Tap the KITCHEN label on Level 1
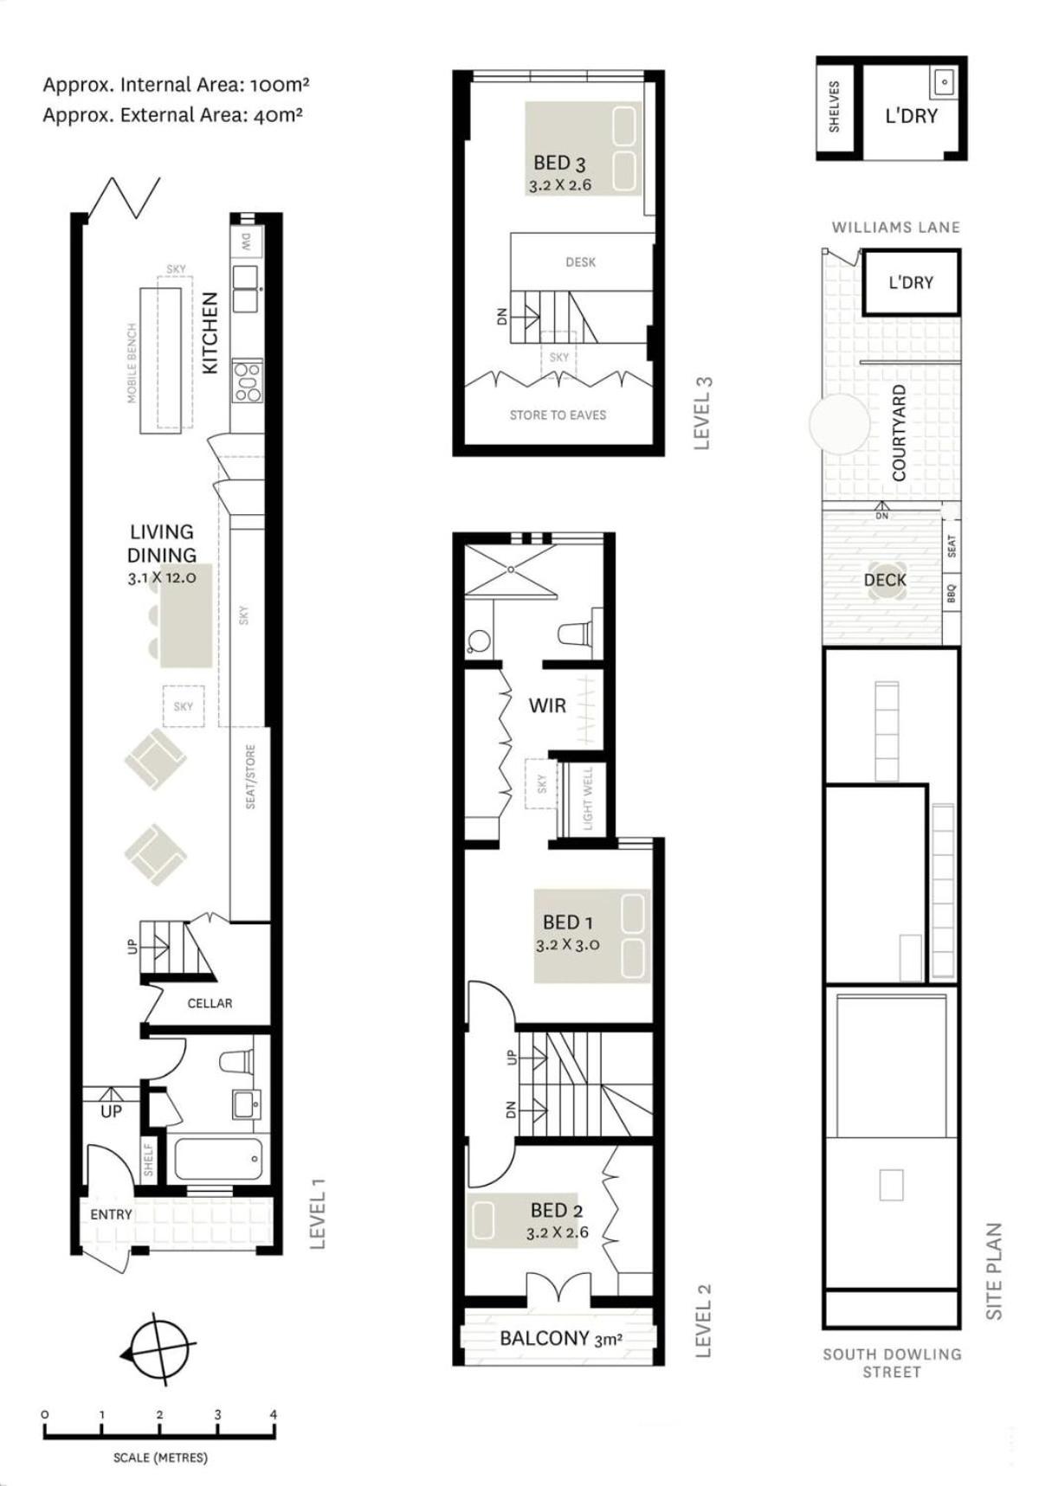[210, 332]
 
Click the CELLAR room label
[210, 1003]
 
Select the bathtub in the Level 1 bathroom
[218, 1158]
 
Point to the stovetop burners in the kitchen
[248, 380]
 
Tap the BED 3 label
[559, 163]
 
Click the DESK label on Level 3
[580, 262]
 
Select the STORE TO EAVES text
[558, 415]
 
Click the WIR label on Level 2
[547, 705]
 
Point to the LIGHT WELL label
[589, 798]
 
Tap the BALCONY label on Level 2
[545, 1338]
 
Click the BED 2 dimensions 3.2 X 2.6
[557, 1232]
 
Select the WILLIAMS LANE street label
[895, 228]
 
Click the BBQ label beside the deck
[951, 594]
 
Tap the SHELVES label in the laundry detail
[835, 106]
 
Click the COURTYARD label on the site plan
[899, 433]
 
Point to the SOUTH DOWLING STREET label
[892, 1363]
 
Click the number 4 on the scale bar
[274, 1415]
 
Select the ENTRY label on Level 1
[112, 1214]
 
